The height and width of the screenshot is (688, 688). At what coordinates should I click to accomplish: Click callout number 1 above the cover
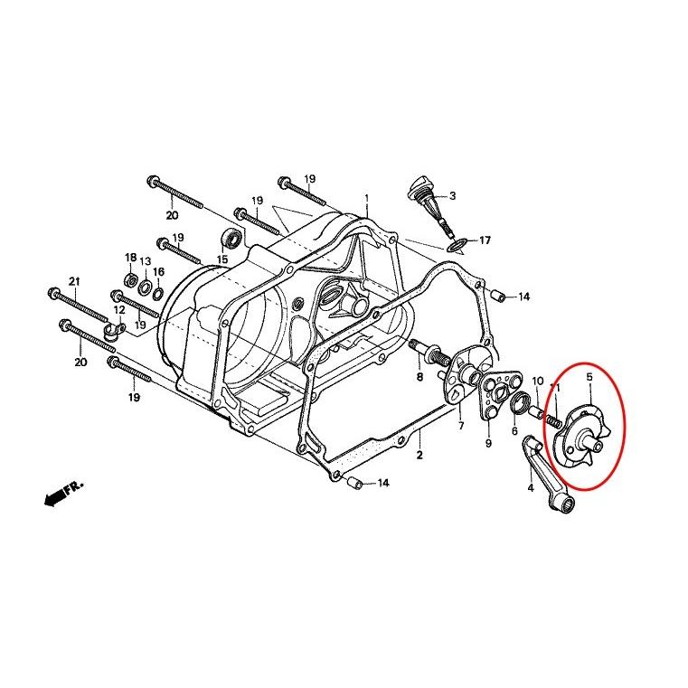[367, 198]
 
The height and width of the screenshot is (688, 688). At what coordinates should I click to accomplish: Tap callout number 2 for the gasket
[419, 455]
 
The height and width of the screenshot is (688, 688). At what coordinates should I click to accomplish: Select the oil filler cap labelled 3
[426, 205]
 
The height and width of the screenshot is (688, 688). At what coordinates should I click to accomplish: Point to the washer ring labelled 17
[456, 245]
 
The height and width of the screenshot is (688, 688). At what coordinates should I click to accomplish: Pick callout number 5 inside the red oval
[589, 377]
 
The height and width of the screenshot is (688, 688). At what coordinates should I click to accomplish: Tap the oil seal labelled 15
[231, 240]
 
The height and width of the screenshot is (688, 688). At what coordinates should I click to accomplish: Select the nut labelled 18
[130, 278]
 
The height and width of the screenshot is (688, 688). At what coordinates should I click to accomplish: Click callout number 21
[75, 281]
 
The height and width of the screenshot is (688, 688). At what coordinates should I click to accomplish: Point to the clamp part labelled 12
[115, 330]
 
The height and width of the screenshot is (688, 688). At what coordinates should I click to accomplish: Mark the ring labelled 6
[522, 403]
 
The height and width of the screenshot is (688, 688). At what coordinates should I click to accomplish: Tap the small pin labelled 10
[538, 413]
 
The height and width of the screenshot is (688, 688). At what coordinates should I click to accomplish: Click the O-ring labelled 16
[158, 293]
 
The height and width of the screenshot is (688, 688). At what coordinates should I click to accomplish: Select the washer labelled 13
[145, 287]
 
